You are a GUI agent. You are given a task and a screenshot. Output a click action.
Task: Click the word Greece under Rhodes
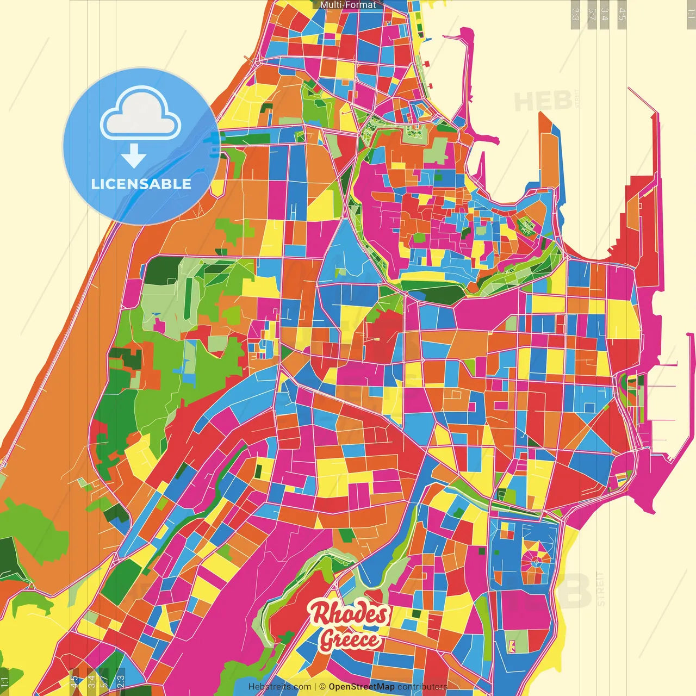[350, 639]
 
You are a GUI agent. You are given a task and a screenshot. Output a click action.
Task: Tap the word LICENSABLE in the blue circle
[141, 184]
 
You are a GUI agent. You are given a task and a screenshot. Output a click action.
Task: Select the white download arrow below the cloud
[133, 156]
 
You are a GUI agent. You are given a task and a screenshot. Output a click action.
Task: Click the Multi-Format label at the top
[348, 5]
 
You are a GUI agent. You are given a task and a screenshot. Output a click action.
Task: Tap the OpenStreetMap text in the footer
[361, 687]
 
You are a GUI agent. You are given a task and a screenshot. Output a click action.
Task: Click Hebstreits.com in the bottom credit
[279, 687]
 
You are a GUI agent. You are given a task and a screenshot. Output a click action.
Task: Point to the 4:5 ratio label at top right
[622, 14]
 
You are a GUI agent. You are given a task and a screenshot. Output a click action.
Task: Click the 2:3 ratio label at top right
[576, 14]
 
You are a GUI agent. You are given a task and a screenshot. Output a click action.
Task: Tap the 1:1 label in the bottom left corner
[4, 682]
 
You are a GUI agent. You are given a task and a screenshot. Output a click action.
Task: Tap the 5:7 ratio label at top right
[592, 14]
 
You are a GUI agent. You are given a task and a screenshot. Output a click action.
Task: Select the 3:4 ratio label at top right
[605, 14]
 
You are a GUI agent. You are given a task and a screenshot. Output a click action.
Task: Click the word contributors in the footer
[422, 687]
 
